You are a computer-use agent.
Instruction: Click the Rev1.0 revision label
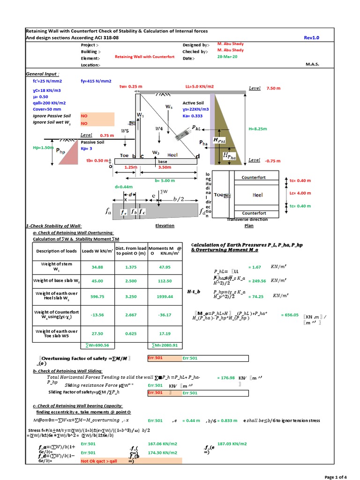(311, 38)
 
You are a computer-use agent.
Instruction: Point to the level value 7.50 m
(274, 88)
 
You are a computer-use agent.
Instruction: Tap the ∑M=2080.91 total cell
(165, 345)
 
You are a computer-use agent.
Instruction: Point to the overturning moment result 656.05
(290, 315)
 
